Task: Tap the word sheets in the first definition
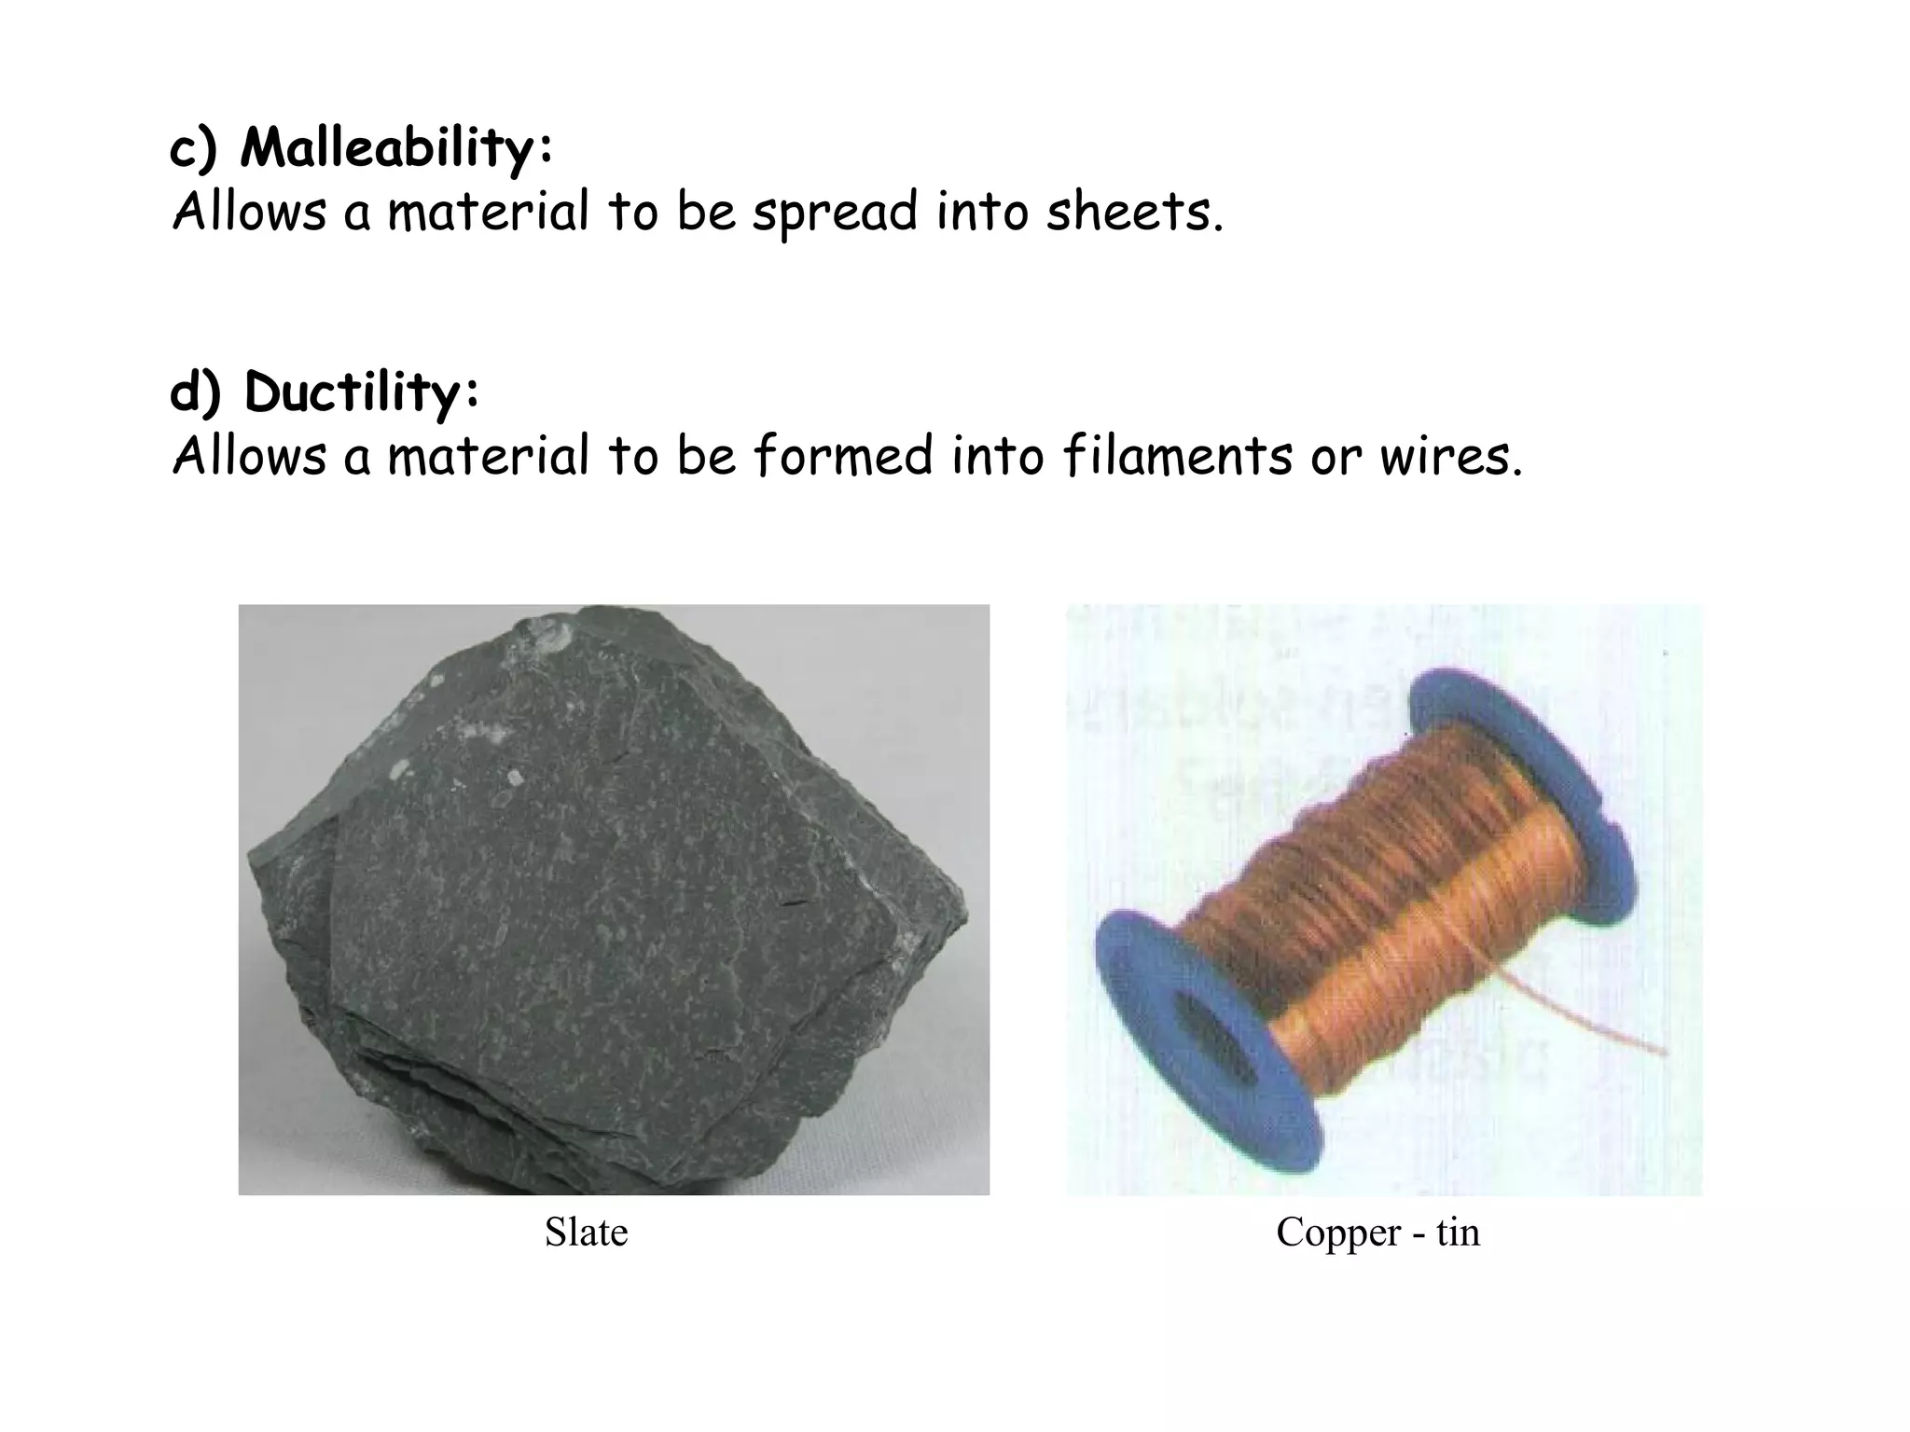pyautogui.click(x=1133, y=213)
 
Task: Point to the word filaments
pyautogui.click(x=1178, y=457)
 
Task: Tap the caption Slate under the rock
pyautogui.click(x=586, y=1232)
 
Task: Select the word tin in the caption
pyautogui.click(x=1458, y=1232)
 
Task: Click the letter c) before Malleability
pyautogui.click(x=194, y=149)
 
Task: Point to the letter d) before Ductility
pyautogui.click(x=196, y=393)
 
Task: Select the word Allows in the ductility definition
pyautogui.click(x=250, y=457)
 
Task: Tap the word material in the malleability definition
pyautogui.click(x=488, y=213)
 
